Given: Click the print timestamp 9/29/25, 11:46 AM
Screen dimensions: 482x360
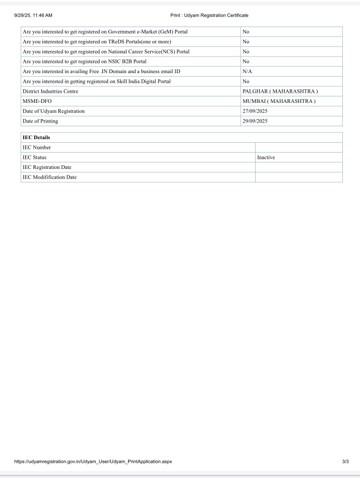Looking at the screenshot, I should click(34, 16).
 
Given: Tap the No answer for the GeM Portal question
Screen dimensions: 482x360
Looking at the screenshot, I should click(246, 32).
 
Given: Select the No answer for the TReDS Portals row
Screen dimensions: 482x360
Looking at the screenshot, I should click(246, 41).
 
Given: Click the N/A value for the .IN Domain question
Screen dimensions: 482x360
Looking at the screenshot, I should click(247, 72).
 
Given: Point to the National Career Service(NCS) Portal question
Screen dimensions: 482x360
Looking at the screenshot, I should click(106, 51).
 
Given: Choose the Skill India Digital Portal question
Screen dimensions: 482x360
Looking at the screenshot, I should click(97, 81).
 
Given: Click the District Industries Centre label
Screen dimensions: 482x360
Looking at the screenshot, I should click(50, 91).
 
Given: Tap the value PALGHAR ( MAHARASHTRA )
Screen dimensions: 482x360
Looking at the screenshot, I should click(280, 91).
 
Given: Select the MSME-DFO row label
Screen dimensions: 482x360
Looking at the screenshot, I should click(37, 101).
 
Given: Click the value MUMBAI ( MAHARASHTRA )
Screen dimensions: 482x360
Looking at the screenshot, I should click(279, 101).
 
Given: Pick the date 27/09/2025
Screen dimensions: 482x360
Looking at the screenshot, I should click(255, 111).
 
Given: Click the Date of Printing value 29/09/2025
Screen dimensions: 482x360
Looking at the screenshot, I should click(255, 121).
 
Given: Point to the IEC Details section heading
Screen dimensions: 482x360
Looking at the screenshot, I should click(36, 137).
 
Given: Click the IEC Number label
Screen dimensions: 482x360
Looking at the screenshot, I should click(37, 147).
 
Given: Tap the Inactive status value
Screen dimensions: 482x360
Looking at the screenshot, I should click(266, 157).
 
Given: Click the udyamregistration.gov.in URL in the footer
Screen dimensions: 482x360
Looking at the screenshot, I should click(93, 461).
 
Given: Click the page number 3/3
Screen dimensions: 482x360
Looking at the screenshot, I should click(345, 461).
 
